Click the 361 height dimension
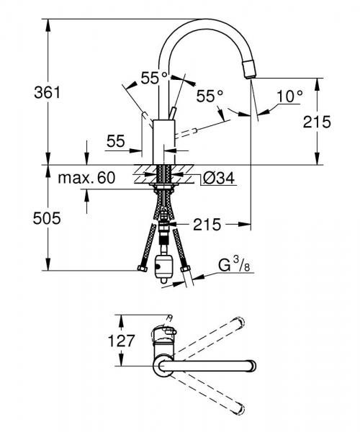point(47,93)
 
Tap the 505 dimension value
point(47,219)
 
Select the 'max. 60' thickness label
point(86,178)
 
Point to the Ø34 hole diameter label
point(219,178)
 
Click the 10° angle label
point(289,96)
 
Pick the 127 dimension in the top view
point(121,341)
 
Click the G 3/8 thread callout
point(234,264)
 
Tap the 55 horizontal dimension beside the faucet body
point(116,141)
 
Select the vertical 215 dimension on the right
point(317,122)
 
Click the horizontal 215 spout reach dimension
point(207,224)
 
